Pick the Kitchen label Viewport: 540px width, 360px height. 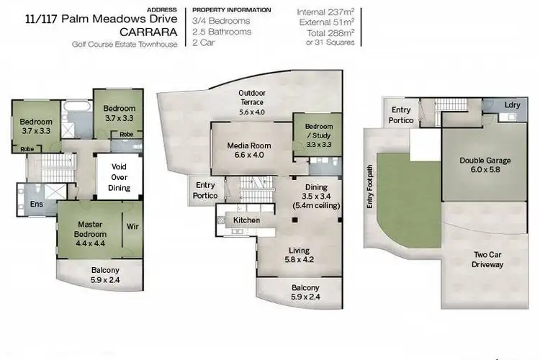pos(246,220)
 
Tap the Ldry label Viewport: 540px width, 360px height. pos(512,105)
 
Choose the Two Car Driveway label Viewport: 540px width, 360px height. pos(487,259)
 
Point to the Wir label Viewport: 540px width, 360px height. pos(132,225)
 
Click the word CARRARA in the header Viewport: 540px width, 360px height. pos(147,32)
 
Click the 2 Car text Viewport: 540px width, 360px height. pos(204,42)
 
